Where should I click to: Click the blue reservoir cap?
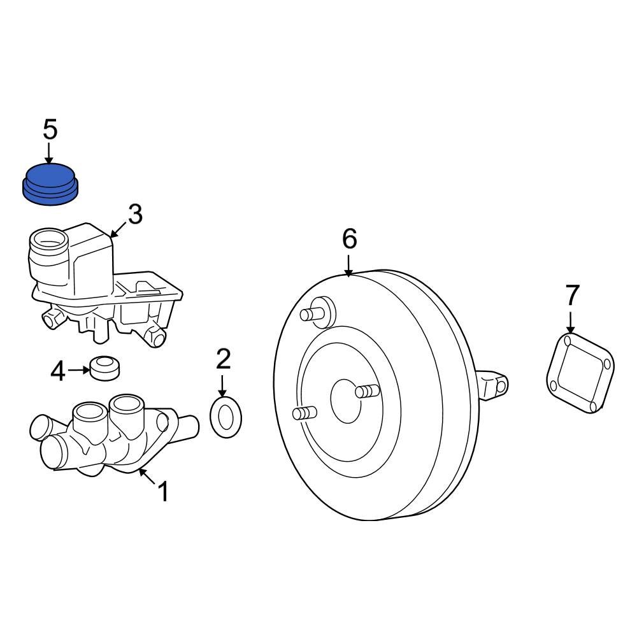tap(50, 183)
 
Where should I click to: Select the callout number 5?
tap(50, 129)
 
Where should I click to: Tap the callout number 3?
tap(135, 215)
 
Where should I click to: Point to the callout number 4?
tap(58, 371)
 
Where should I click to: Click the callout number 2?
tap(222, 360)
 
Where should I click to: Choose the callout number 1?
tap(163, 491)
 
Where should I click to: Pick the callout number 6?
tap(349, 239)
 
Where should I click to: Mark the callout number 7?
tap(572, 295)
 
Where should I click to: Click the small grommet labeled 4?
tap(105, 368)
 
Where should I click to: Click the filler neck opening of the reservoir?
tap(50, 241)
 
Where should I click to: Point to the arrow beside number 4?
tap(79, 369)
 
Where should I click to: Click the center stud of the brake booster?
tap(368, 390)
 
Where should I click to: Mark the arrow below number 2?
tap(222, 385)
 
